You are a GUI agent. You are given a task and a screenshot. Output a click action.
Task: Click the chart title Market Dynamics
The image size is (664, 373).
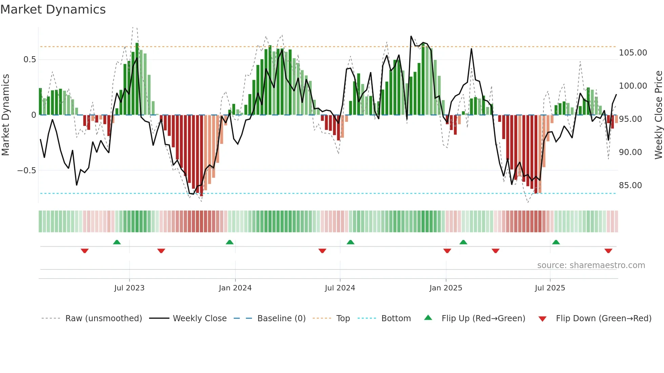[53, 9]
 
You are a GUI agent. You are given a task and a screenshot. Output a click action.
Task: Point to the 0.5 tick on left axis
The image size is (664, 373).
[29, 60]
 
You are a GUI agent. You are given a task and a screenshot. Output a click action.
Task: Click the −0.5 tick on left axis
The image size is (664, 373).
[27, 171]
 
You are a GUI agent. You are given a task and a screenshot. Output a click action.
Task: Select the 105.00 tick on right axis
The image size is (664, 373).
[632, 53]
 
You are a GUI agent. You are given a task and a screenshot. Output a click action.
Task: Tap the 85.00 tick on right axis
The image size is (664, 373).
[630, 185]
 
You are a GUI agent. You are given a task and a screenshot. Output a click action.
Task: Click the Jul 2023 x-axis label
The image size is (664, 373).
[129, 288]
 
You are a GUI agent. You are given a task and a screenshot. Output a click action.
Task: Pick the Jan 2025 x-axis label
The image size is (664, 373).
[445, 288]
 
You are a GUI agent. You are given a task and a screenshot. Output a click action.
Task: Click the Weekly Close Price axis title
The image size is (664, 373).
[658, 115]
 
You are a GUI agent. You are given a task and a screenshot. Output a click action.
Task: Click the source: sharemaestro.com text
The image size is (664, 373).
[591, 265]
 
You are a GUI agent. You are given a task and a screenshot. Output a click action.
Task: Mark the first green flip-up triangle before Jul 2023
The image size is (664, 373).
[117, 242]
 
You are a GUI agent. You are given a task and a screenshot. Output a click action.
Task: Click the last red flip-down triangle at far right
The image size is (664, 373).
[608, 251]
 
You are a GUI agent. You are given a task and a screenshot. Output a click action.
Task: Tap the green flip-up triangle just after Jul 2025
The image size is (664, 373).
[556, 242]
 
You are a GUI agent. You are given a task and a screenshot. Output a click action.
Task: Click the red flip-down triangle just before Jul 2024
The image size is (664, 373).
[322, 251]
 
